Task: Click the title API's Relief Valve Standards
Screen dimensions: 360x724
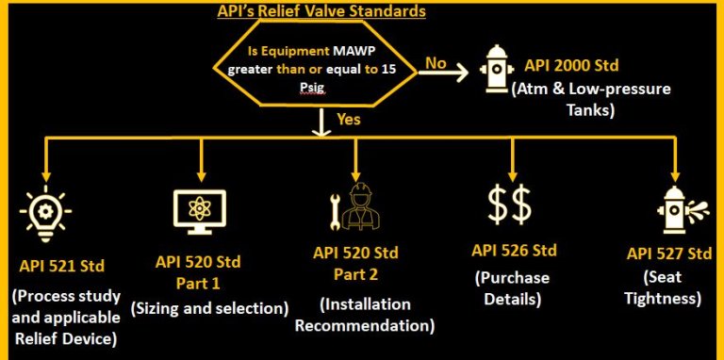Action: (321, 12)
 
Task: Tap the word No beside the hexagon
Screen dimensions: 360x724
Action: (436, 62)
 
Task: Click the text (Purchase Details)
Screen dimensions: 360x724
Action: (514, 289)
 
